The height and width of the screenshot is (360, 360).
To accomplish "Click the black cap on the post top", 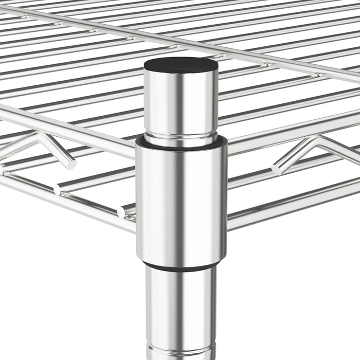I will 180,64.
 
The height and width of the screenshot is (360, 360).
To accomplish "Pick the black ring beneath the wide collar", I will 181,266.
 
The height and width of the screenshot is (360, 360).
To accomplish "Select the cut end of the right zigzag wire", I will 277,169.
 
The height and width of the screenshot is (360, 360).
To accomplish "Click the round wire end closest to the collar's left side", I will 122,211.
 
